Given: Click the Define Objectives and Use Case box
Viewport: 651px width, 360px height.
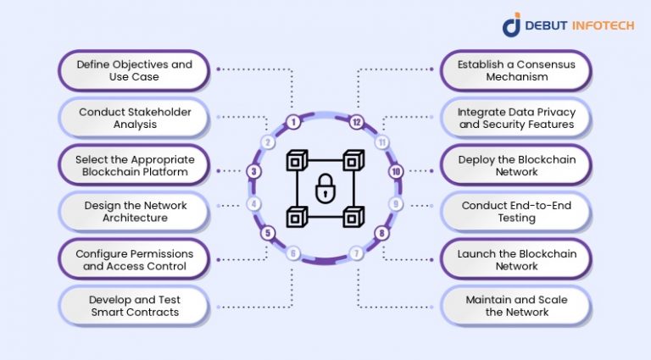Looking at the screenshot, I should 134,70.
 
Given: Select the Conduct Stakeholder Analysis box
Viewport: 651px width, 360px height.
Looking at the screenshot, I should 134,118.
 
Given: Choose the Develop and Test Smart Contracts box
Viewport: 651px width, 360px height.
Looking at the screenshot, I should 134,306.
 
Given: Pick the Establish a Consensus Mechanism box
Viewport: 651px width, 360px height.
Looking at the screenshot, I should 516,70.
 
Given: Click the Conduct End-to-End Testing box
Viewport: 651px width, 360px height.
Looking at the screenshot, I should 516,212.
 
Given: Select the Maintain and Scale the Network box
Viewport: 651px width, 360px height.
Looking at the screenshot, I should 516,306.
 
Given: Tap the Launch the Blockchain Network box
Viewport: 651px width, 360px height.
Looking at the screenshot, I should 516,259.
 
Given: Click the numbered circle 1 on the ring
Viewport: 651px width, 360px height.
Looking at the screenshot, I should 293,122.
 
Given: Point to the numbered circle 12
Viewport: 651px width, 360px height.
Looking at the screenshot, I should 357,122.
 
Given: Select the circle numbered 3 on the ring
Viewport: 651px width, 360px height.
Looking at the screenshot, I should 254,171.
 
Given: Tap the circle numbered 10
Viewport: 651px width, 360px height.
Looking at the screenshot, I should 395,171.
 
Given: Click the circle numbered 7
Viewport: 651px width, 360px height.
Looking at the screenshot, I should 357,253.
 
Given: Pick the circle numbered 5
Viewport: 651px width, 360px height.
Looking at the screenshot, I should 268,233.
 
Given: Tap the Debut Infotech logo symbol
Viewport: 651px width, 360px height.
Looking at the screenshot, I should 512,25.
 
